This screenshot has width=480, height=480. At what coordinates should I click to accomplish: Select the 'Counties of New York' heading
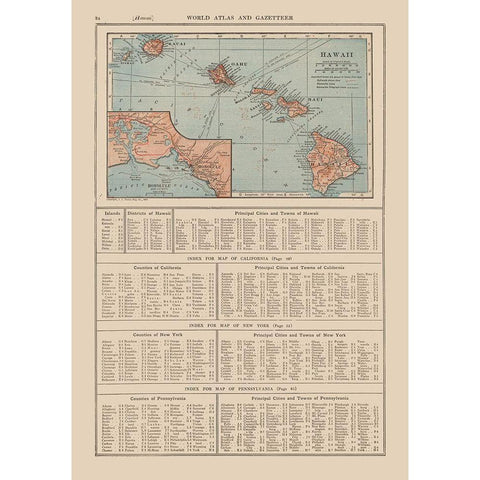[x=135, y=334]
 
